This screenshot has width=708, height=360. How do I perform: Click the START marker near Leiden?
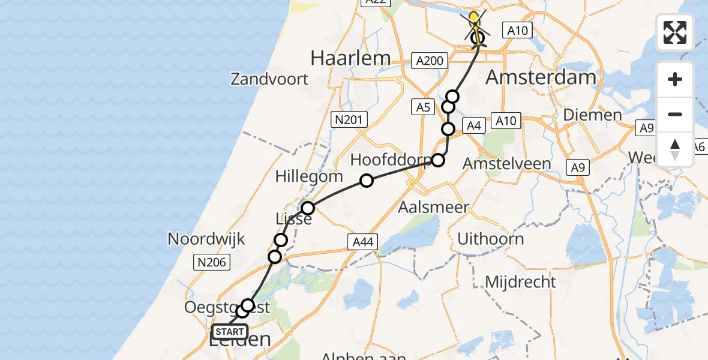[x=229, y=332]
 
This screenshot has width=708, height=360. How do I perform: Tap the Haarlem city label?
[x=350, y=58]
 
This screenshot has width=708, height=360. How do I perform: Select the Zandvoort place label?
[x=269, y=79]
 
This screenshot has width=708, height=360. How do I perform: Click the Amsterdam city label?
[x=541, y=77]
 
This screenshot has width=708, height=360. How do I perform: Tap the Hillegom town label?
[x=309, y=176]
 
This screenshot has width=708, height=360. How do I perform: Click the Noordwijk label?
[x=206, y=239]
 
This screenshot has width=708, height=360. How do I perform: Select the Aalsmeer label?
[x=434, y=208]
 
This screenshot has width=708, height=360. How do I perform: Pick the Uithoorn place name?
[x=490, y=239]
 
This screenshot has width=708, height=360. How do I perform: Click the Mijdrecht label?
[x=520, y=281]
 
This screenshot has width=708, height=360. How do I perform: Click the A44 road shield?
[x=362, y=242]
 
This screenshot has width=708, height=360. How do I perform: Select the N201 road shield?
[x=349, y=120]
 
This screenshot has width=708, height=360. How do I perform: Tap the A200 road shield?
[x=430, y=60]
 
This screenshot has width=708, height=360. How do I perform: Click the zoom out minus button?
[x=675, y=114]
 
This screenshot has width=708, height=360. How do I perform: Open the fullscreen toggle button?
[x=675, y=32]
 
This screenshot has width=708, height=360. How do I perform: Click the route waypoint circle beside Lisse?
[x=308, y=208]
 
